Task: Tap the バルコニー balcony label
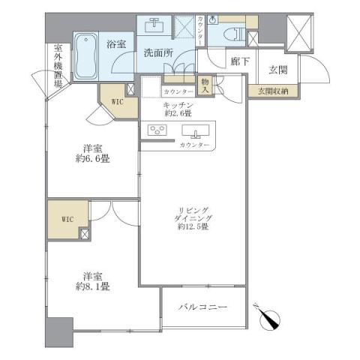coord(204,307)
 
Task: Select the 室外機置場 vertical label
coord(58,67)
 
